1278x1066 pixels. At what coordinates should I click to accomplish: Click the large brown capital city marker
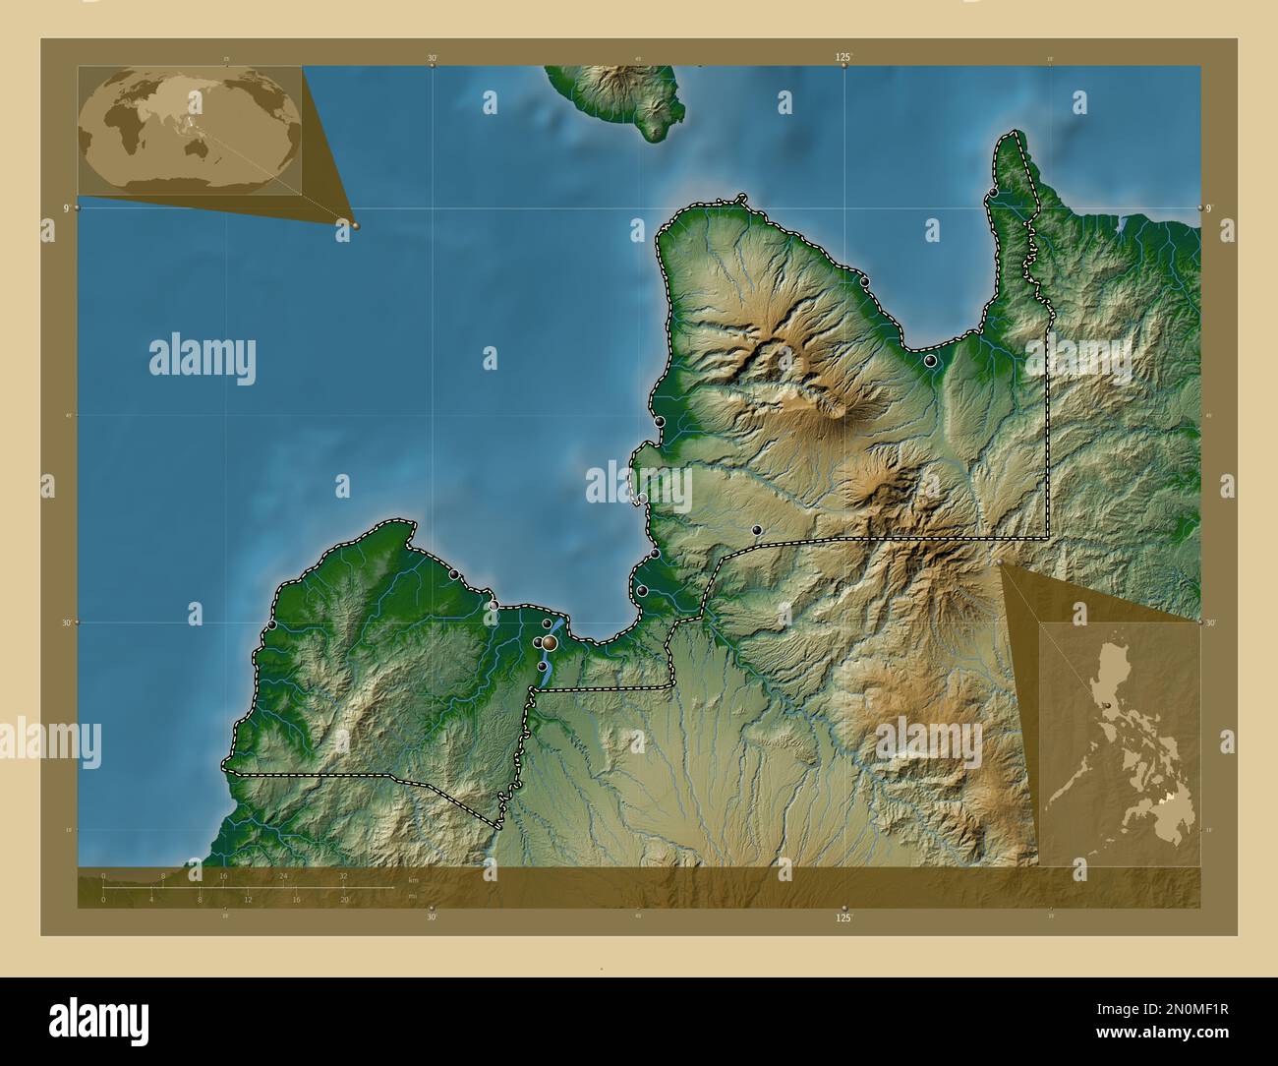[550, 642]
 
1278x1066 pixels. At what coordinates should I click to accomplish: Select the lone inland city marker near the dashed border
[756, 530]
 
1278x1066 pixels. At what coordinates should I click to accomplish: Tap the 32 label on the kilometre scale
[343, 875]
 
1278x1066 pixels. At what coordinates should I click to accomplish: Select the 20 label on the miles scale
[344, 900]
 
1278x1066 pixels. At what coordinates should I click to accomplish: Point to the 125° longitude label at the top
[842, 58]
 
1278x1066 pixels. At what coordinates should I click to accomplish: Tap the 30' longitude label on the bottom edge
[431, 917]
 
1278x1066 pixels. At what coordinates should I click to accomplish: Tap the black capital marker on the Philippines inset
[1107, 704]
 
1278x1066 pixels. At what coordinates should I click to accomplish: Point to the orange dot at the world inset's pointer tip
[355, 225]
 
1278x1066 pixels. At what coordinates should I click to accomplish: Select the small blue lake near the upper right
[1123, 224]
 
